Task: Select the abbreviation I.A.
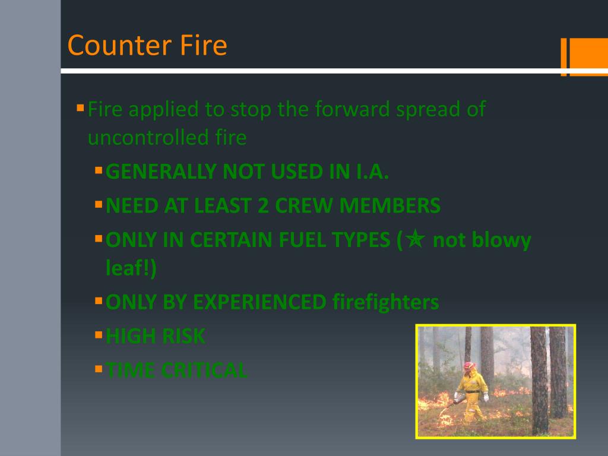[372, 172]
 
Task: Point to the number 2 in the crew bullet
[263, 205]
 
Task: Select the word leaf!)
[131, 268]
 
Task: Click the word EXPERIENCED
[259, 302]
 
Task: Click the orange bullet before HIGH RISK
[99, 335]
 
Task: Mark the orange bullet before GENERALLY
[99, 171]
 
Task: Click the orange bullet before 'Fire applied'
[80, 108]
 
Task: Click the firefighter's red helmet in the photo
[470, 366]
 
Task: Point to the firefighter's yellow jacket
[473, 383]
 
